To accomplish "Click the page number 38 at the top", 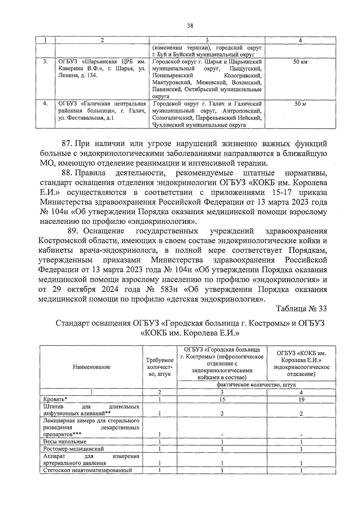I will (x=190, y=26).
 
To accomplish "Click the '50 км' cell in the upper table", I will (x=300, y=62).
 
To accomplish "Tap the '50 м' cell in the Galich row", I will (x=300, y=104).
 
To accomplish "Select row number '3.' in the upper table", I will (x=45, y=62).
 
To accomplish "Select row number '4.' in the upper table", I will (x=45, y=104).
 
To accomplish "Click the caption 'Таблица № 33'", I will (x=302, y=309).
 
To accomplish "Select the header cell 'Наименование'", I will (x=91, y=367).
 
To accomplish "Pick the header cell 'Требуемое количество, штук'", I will (x=160, y=367).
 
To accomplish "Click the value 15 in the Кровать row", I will (x=222, y=399).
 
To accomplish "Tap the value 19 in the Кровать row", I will (x=301, y=399).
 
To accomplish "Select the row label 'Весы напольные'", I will (x=65, y=442).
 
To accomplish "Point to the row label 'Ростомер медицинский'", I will (x=73, y=449).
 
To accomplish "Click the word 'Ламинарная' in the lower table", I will (x=57, y=421).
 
